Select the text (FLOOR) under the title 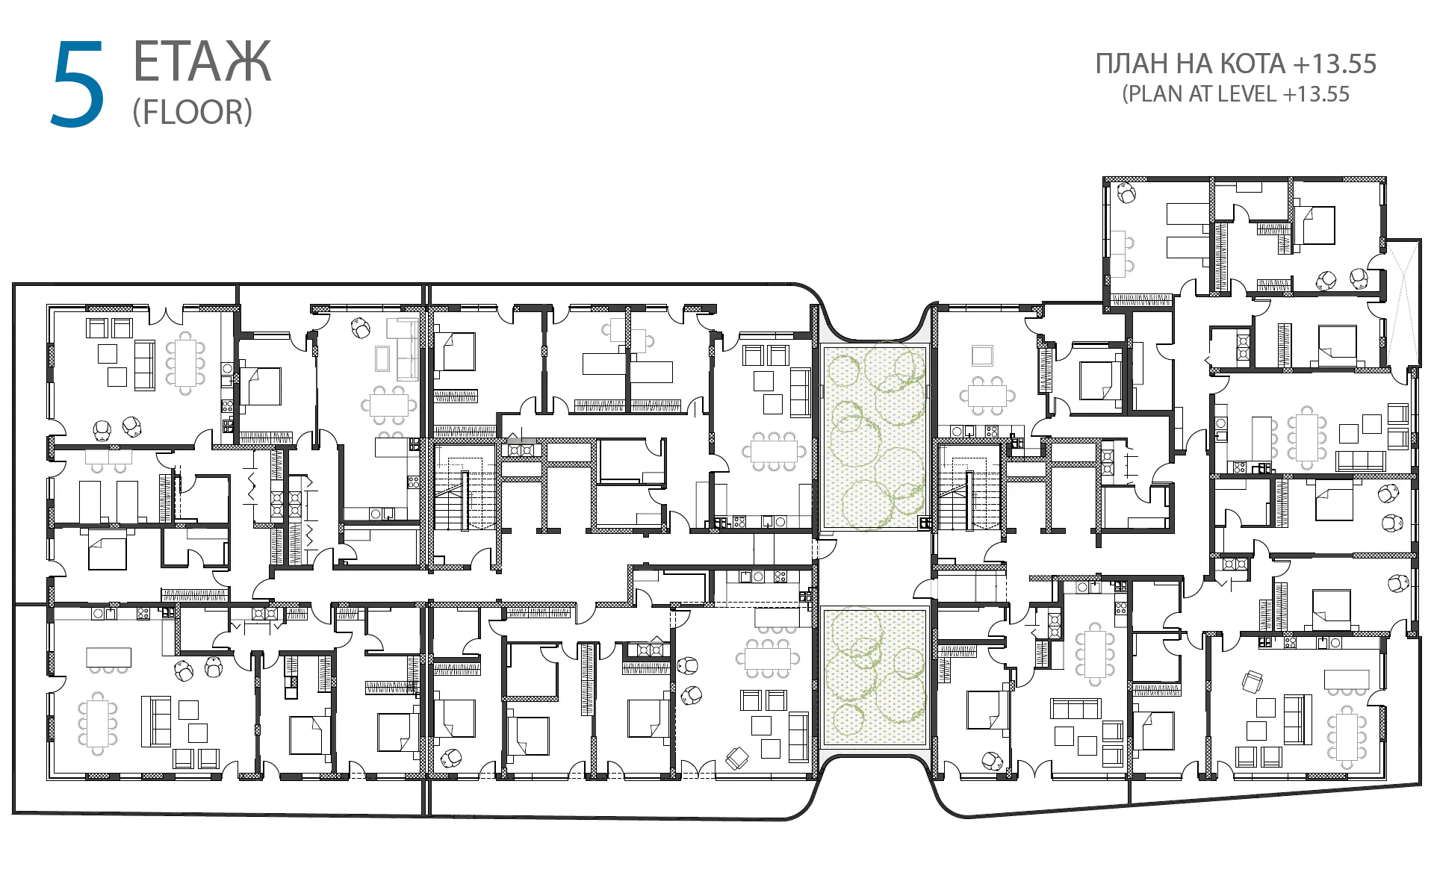(193, 112)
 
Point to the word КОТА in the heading (1253, 64)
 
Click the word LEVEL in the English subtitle (1247, 94)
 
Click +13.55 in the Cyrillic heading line (1335, 64)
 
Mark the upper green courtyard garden (874, 437)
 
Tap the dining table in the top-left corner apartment (186, 361)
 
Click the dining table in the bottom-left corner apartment (98, 723)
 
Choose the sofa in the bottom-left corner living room (156, 721)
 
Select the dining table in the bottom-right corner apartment (1347, 737)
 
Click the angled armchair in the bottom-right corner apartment (1253, 681)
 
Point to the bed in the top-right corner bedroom (1318, 225)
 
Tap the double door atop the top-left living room (166, 314)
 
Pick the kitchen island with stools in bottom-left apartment (109, 659)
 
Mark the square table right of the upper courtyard (982, 355)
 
